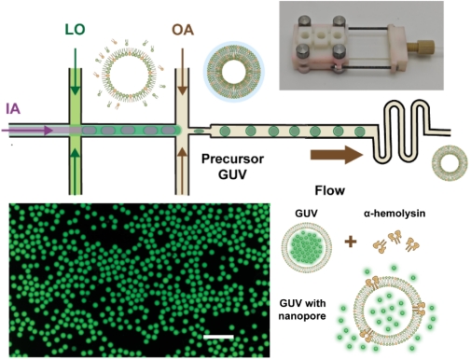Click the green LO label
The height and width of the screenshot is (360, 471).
(x=75, y=29)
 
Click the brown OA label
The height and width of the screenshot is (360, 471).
(x=183, y=30)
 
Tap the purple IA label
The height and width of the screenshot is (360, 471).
(x=13, y=109)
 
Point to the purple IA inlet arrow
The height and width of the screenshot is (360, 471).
(x=27, y=131)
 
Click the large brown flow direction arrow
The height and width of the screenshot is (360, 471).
(x=337, y=155)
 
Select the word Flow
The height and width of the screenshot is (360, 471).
(x=330, y=190)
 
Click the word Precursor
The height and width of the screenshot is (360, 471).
(x=232, y=159)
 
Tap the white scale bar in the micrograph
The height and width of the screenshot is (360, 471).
(x=218, y=337)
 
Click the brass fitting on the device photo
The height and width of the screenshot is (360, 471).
(x=417, y=48)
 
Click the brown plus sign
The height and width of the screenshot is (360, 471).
(x=351, y=242)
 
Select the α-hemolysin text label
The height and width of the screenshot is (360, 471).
(x=395, y=214)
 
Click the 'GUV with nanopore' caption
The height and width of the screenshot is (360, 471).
(x=302, y=310)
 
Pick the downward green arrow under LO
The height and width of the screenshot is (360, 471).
(x=76, y=72)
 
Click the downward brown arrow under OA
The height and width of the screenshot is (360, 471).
(x=183, y=71)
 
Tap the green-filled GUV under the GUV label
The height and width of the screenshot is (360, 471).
(x=306, y=247)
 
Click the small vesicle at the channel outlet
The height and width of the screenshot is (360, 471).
(x=450, y=163)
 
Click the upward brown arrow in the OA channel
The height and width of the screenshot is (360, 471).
(x=183, y=172)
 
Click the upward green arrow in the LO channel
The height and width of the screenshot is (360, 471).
(x=76, y=172)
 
